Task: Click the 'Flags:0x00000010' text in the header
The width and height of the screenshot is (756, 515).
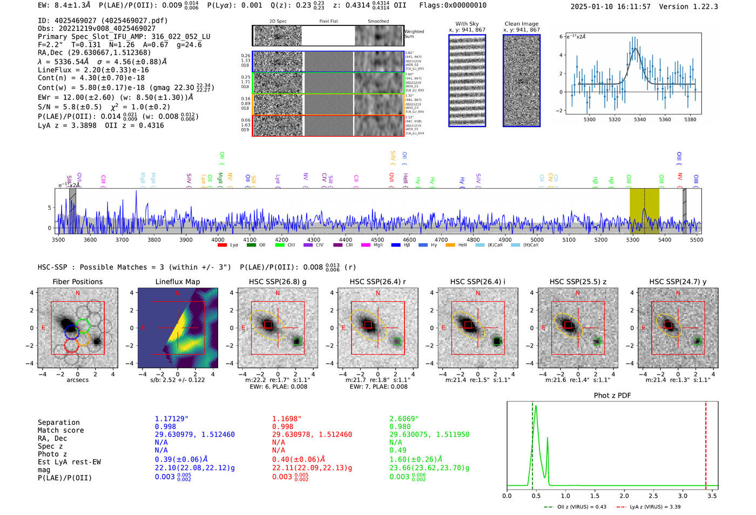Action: point(453,5)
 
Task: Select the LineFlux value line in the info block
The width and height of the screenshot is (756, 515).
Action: point(93,70)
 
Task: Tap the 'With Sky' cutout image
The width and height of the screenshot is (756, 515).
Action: point(467,81)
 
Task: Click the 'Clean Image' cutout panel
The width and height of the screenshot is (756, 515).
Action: point(521,81)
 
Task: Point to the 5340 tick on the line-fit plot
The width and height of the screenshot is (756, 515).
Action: point(640,119)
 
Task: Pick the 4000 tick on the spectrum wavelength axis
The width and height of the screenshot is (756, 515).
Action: point(218,240)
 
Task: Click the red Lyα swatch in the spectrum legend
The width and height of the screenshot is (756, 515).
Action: point(222,245)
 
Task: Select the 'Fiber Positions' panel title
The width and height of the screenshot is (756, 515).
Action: point(77,282)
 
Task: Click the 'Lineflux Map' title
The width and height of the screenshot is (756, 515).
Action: point(178,282)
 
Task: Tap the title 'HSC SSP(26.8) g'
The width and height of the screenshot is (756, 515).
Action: point(278,282)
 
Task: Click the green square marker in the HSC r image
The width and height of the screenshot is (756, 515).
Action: point(397,342)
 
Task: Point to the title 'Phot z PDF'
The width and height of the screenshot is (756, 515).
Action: point(612,396)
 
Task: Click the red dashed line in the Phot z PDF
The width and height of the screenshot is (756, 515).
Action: point(706,443)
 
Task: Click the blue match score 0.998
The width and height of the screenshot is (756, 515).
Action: point(165,427)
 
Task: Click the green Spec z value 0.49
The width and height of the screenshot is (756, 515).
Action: point(397,450)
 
